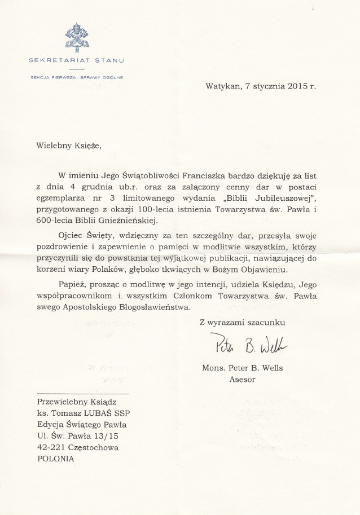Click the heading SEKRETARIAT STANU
77,59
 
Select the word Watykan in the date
223,87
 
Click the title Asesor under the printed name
242,380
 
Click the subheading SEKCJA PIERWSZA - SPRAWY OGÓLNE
77,77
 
